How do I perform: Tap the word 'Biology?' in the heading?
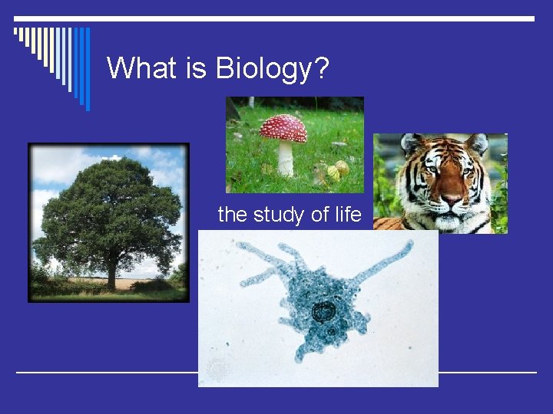tap(273, 70)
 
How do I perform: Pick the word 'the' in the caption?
tap(233, 215)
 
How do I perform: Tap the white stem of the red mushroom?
tap(286, 159)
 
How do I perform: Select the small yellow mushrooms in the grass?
tap(336, 170)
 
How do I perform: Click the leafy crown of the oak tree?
tap(108, 207)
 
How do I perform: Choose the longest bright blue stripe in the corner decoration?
tap(87, 69)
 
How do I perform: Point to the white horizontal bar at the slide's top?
tap(276, 18)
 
